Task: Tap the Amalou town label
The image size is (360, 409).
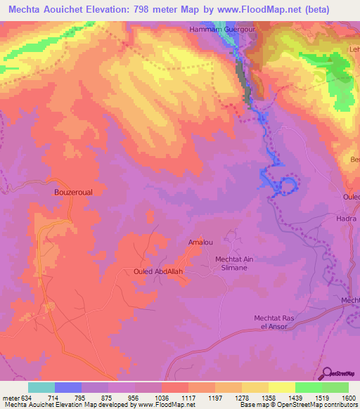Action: coord(200,242)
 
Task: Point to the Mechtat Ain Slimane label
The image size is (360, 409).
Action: coord(233,264)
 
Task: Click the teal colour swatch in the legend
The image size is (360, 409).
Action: coord(41,387)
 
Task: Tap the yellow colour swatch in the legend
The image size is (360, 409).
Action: coord(281,387)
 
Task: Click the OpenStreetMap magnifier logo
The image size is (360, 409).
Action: coord(328,373)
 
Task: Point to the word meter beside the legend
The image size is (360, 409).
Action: coord(11,397)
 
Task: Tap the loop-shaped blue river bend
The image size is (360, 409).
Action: coord(288,186)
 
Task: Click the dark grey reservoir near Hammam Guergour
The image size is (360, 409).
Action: coord(243,81)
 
